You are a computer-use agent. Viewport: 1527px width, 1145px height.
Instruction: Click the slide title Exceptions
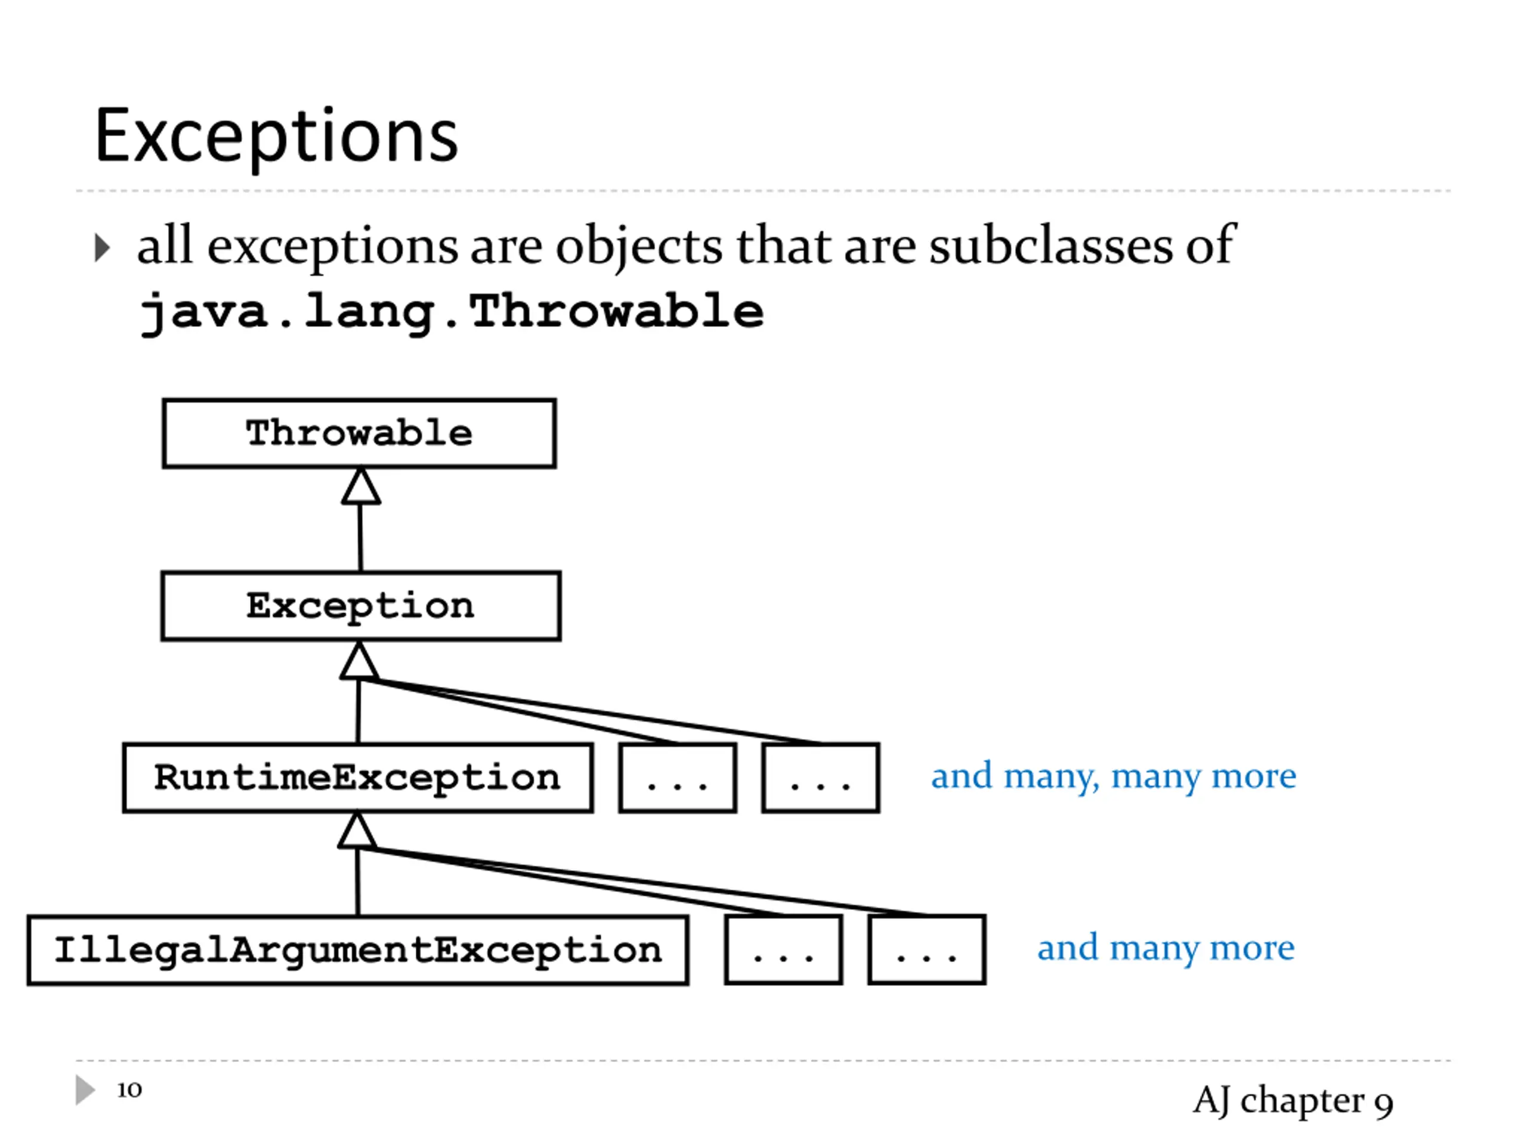[x=276, y=136]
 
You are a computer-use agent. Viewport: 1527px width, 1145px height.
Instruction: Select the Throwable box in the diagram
[x=359, y=434]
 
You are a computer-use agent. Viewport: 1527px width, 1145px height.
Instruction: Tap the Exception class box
[x=360, y=606]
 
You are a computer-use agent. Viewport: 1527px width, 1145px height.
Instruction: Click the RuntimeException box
[x=357, y=778]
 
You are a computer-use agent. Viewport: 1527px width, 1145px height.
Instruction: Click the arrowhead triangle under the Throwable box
[x=360, y=487]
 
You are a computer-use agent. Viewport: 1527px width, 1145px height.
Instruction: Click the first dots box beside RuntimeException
[x=677, y=778]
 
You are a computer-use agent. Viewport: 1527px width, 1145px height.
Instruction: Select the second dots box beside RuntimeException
[x=820, y=778]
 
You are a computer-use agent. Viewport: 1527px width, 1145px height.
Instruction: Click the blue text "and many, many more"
[x=1113, y=776]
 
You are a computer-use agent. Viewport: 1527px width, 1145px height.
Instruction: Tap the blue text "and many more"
[x=1166, y=948]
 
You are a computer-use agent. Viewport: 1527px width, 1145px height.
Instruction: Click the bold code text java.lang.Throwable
[x=451, y=312]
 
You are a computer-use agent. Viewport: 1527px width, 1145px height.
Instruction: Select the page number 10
[x=129, y=1090]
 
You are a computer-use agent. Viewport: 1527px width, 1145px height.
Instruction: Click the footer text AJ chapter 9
[x=1293, y=1100]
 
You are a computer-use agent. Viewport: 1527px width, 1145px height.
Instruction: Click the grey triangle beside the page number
[x=84, y=1090]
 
